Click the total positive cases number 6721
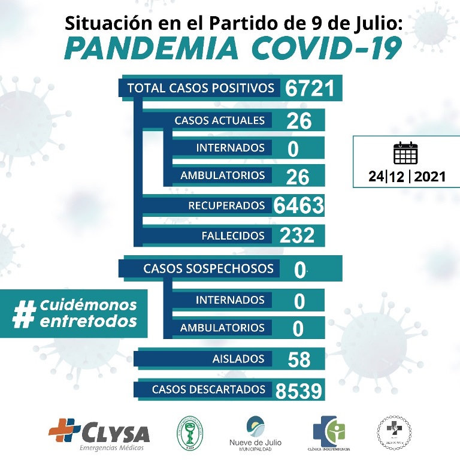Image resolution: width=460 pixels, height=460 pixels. [305, 88]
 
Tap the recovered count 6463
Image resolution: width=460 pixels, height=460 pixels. [298, 205]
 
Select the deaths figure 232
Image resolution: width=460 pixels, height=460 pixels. [296, 235]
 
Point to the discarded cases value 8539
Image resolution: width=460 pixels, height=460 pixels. [299, 391]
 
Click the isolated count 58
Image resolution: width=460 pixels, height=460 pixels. [299, 359]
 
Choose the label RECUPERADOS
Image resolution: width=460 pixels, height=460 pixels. [226, 205]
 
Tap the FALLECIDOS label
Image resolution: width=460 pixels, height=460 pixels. [233, 235]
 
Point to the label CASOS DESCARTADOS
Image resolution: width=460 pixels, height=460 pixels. [208, 389]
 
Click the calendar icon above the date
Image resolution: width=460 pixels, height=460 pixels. [405, 153]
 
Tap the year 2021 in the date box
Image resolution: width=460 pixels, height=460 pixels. [429, 177]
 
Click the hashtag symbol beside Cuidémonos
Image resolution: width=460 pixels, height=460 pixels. [25, 313]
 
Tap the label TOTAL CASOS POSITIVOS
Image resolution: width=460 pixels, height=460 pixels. [201, 88]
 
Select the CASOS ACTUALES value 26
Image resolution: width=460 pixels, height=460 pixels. [299, 120]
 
